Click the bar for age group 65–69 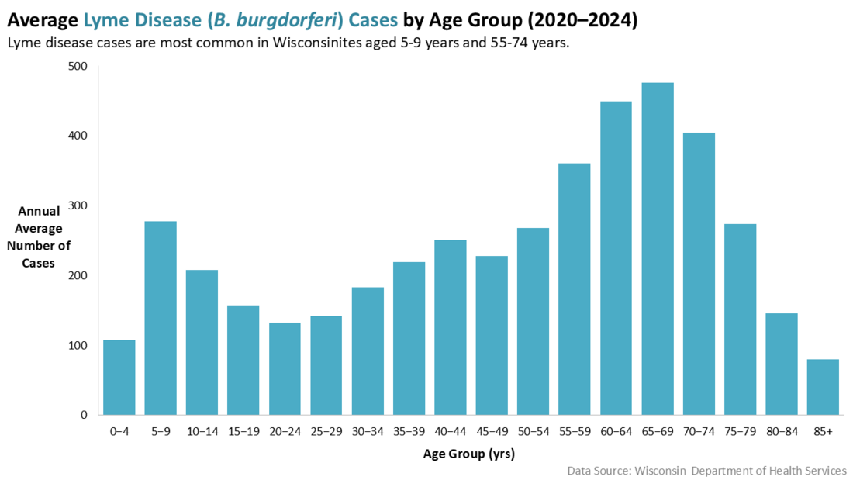click(x=658, y=249)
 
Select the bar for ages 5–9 click(x=161, y=318)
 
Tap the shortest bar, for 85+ click(x=823, y=387)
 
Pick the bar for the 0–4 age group click(x=119, y=377)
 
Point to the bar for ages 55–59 click(x=575, y=288)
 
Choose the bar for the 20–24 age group click(x=285, y=368)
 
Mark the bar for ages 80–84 click(x=782, y=364)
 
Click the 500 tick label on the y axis click(x=78, y=67)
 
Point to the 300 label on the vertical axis click(x=78, y=205)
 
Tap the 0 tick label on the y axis click(x=84, y=415)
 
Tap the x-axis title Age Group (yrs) click(x=468, y=454)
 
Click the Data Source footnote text click(x=706, y=471)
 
